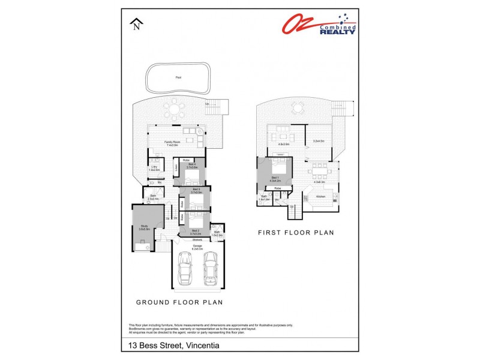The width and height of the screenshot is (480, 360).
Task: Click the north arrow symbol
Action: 137,23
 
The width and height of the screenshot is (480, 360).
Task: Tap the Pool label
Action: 178,77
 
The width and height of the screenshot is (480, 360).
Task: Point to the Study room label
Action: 143,227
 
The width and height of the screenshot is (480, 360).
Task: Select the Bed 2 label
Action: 196,231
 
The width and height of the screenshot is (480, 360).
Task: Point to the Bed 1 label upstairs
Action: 275,178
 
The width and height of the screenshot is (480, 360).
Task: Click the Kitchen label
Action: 321,196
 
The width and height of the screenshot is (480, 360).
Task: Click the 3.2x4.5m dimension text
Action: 319,142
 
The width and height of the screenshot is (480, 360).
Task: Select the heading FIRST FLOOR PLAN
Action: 296,232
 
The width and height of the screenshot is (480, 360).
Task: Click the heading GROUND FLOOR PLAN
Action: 179,302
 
